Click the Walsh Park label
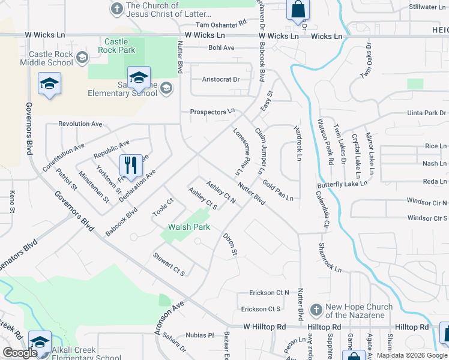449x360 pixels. click(189, 227)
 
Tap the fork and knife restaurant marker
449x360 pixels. click(130, 165)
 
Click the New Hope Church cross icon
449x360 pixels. click(316, 310)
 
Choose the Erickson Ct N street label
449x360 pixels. click(270, 293)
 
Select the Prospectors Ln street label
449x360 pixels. click(212, 112)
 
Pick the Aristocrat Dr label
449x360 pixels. click(221, 79)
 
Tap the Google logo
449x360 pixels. click(20, 353)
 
